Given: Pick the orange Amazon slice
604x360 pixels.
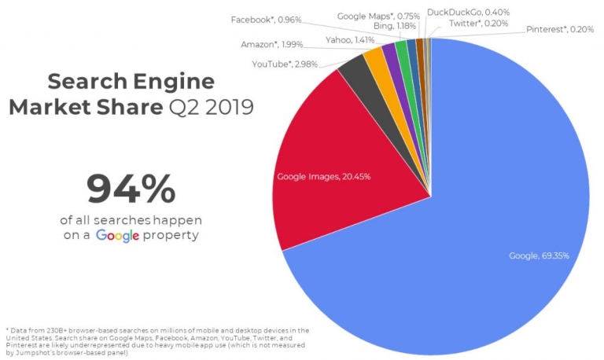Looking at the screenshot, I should click(368, 65).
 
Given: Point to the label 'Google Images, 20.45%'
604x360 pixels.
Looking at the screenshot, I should click(323, 176).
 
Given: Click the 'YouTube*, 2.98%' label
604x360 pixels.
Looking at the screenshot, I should click(284, 64).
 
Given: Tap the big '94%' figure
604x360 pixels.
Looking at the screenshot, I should click(131, 189).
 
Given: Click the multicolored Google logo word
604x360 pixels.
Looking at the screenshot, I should click(118, 234).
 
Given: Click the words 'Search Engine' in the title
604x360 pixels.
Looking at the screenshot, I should click(130, 81).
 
